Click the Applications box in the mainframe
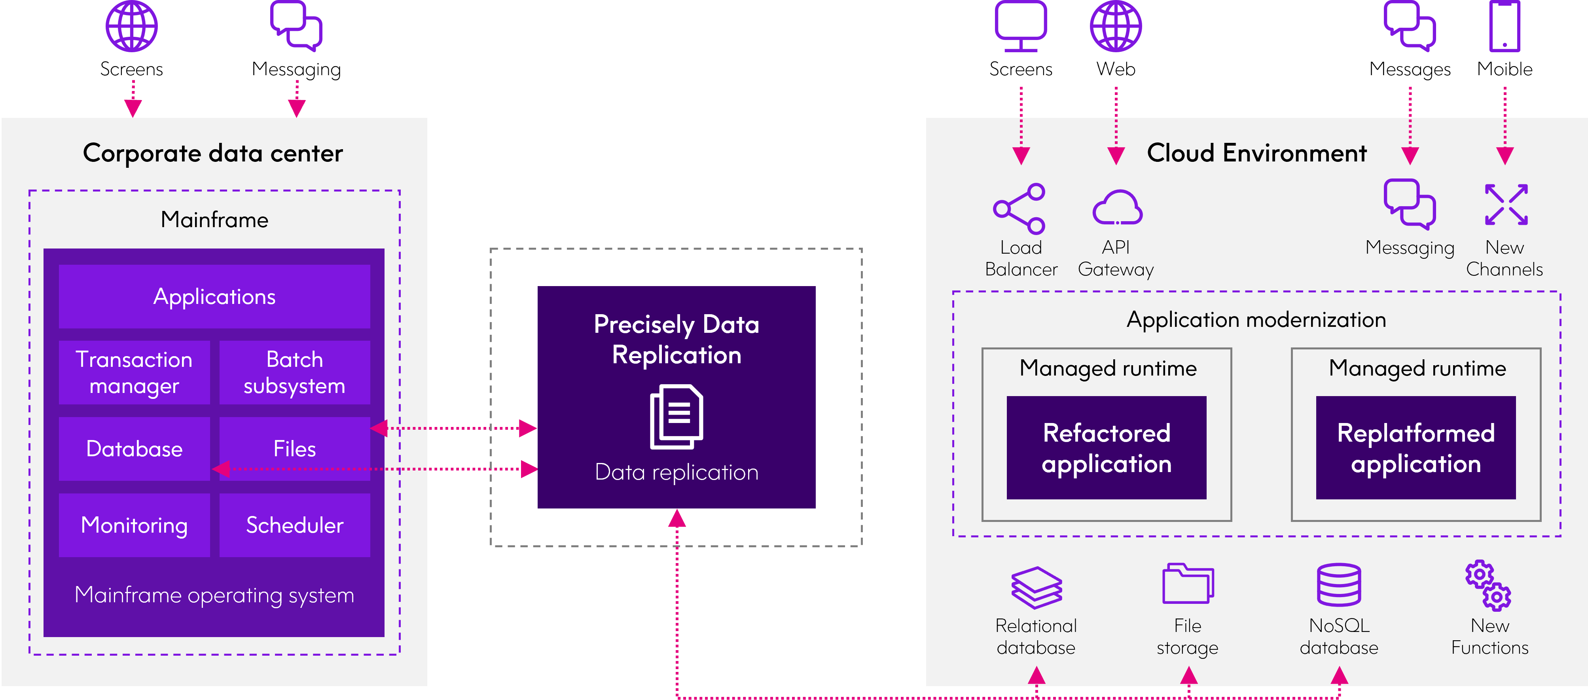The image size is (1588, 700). click(x=214, y=297)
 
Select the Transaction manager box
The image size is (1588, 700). click(x=135, y=372)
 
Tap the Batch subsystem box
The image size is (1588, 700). click(x=295, y=372)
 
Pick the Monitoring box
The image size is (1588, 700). click(x=135, y=525)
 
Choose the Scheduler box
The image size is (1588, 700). click(x=295, y=525)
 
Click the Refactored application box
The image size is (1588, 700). click(x=1107, y=448)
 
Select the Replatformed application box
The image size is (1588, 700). click(x=1416, y=448)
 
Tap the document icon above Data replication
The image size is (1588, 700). click(x=676, y=417)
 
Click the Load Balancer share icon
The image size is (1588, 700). click(x=1019, y=209)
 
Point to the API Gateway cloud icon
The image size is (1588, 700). click(x=1117, y=207)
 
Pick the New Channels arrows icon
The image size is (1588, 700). click(x=1506, y=204)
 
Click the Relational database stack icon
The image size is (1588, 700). click(x=1036, y=588)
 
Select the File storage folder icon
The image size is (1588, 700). click(x=1188, y=583)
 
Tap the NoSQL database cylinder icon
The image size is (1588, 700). click(x=1339, y=585)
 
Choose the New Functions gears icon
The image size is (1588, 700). click(x=1488, y=585)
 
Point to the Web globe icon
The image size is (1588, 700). click(x=1116, y=26)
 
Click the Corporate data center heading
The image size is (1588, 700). click(x=213, y=153)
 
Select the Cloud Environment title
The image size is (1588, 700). click(x=1256, y=153)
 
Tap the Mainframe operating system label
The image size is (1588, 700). click(x=214, y=595)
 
